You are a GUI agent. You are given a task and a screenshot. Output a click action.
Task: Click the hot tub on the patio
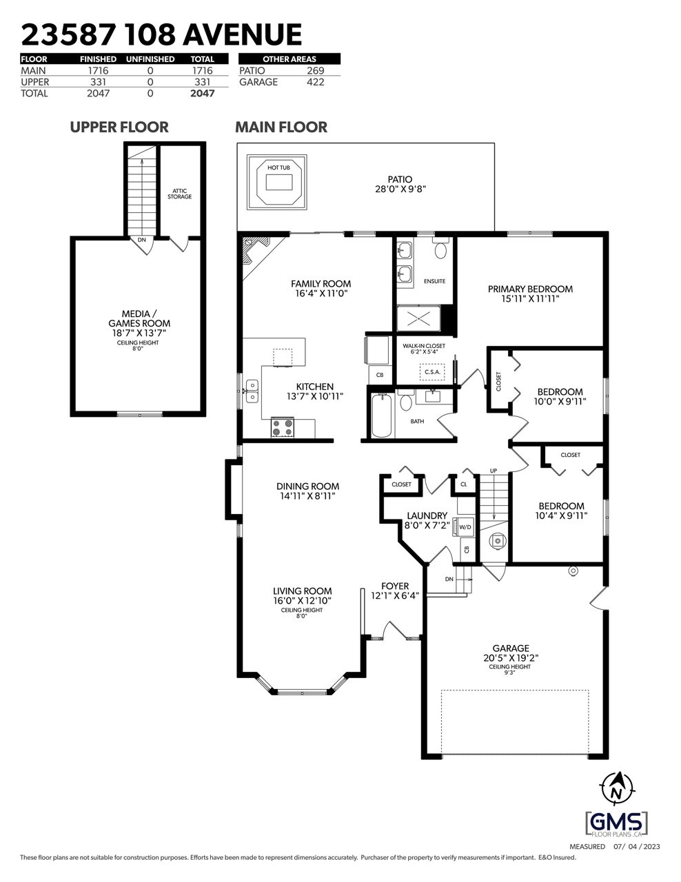click(x=276, y=182)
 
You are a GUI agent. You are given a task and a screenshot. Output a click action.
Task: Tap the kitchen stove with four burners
click(x=283, y=427)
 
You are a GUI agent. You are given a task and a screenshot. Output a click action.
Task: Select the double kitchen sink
click(x=252, y=391)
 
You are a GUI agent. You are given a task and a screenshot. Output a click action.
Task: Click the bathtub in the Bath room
click(x=381, y=416)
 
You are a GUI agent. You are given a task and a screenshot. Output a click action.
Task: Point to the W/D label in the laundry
click(x=465, y=527)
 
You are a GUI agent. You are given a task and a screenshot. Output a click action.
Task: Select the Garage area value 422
click(x=315, y=82)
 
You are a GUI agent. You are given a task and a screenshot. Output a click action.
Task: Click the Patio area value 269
click(x=315, y=70)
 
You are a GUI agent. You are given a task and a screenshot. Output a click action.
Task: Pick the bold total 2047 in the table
click(x=203, y=93)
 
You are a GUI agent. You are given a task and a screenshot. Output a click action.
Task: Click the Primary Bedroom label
click(x=530, y=289)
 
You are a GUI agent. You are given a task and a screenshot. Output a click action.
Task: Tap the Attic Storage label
click(x=179, y=194)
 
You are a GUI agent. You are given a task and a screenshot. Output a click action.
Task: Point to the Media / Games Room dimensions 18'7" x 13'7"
click(x=139, y=333)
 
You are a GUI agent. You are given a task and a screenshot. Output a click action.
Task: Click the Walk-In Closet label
click(x=424, y=346)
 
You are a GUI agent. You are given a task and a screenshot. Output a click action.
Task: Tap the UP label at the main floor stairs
click(x=493, y=471)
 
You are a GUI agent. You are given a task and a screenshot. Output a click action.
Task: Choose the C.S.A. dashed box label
click(x=432, y=372)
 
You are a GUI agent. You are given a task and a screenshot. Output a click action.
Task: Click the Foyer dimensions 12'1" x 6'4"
click(x=395, y=595)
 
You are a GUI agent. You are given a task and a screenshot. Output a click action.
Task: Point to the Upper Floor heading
click(x=119, y=127)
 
